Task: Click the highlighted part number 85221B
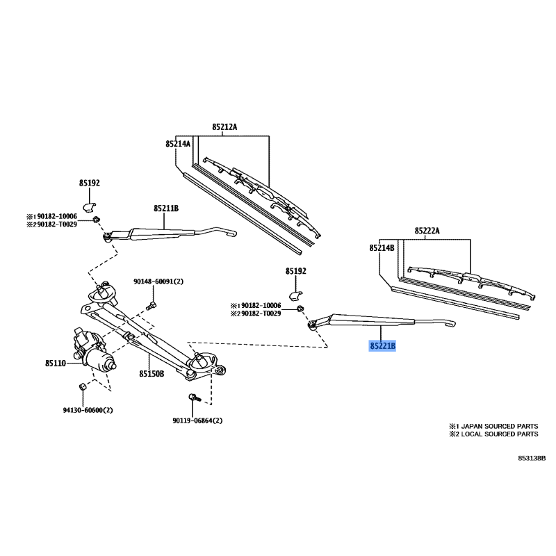[382, 345]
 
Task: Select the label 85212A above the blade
[224, 127]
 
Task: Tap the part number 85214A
[178, 144]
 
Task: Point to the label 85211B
[166, 208]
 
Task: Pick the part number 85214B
[382, 247]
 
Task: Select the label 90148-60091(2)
[158, 282]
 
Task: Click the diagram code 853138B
[532, 459]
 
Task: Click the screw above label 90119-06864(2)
[195, 399]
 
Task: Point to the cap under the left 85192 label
[90, 204]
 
